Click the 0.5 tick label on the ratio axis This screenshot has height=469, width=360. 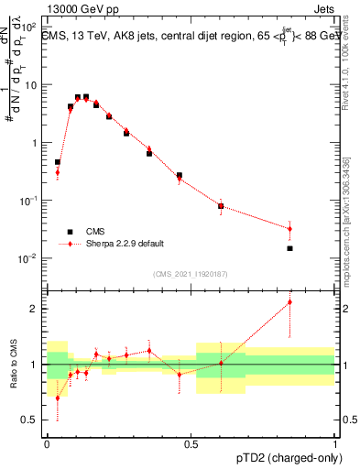coord(32,420)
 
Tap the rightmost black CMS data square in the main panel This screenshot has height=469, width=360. coord(289,248)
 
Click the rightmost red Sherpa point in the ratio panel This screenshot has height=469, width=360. coord(289,301)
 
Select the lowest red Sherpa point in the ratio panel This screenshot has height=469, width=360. coord(58,398)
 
